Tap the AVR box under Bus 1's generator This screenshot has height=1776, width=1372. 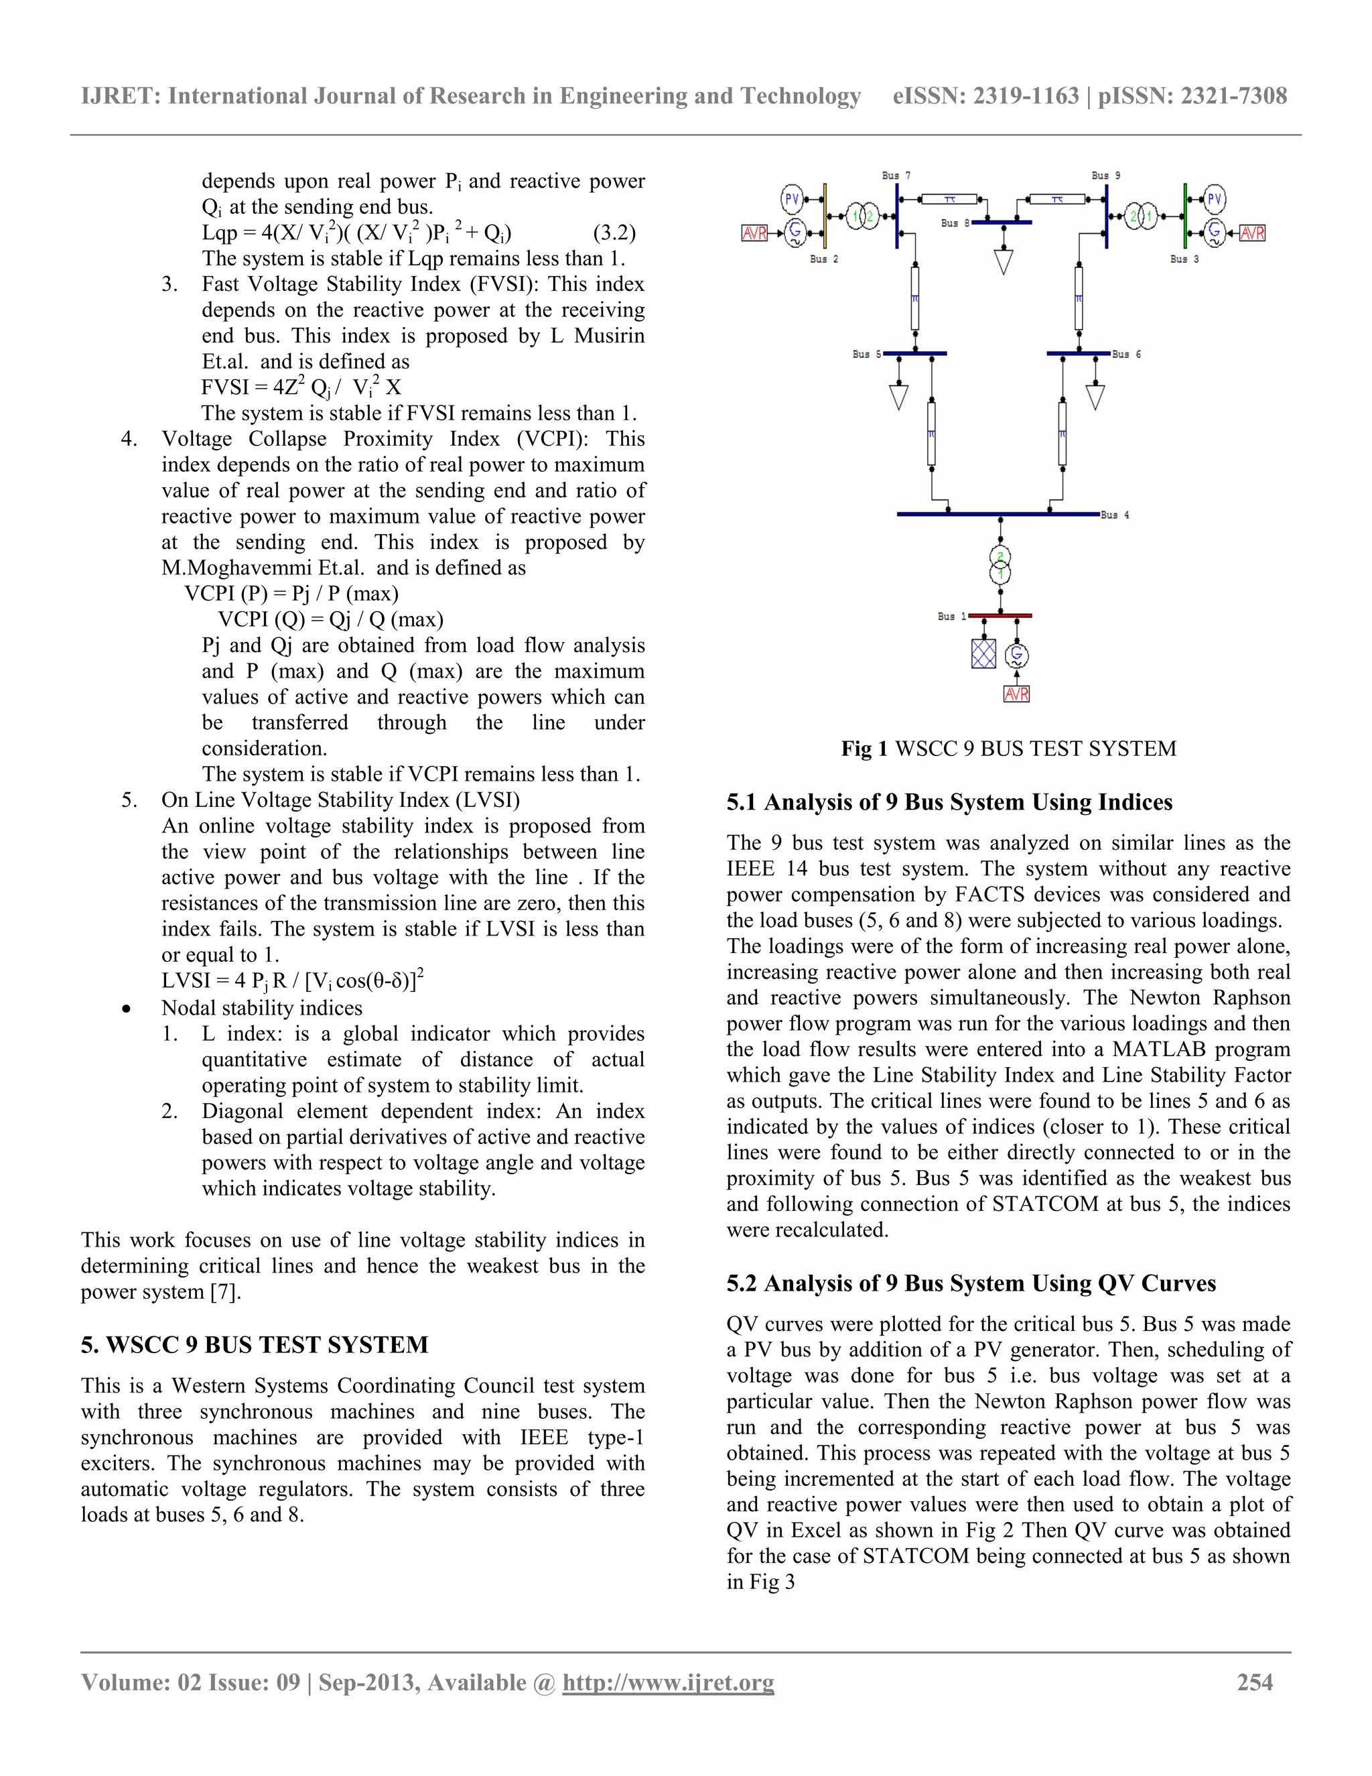[x=1016, y=694]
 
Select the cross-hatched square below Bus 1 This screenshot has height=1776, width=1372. [x=983, y=653]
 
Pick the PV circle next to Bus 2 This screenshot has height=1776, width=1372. [x=792, y=198]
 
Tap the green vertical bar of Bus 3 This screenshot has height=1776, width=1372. [x=1185, y=216]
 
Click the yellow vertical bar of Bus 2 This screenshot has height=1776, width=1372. [x=825, y=216]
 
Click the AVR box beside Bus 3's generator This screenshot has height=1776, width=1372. [x=1251, y=233]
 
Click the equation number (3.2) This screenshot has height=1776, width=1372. [x=614, y=233]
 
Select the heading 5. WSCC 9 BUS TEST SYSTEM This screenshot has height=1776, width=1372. [x=255, y=1344]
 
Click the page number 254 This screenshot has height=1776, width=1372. [x=1254, y=1682]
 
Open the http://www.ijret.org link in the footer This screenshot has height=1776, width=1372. [x=668, y=1682]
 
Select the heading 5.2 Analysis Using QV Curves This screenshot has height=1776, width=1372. [x=971, y=1283]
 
